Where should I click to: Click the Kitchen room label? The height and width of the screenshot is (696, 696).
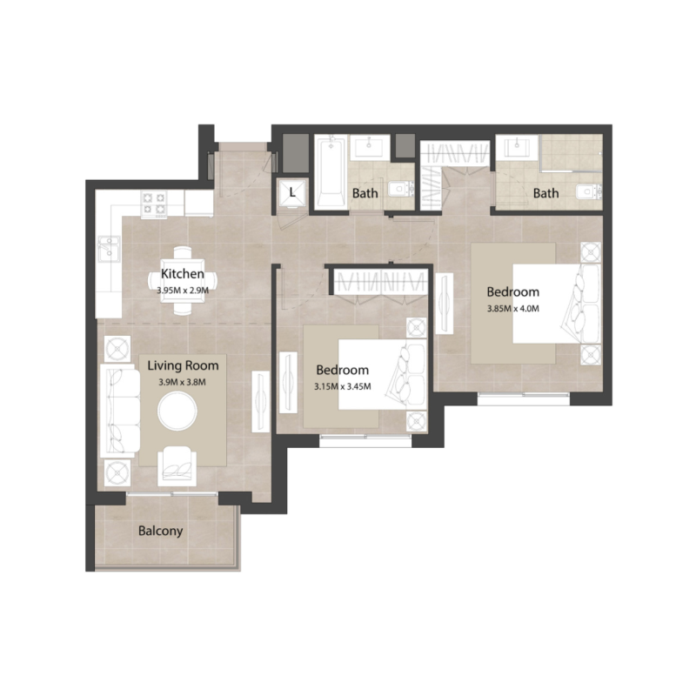pos(183,274)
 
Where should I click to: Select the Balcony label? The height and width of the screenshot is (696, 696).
pos(161,531)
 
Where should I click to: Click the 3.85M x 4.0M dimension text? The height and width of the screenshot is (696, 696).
pos(513,307)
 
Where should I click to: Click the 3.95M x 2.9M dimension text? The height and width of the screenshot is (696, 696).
pos(182,291)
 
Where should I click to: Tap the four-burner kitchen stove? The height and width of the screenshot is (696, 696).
pos(155,204)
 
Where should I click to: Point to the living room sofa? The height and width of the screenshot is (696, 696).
pos(119,412)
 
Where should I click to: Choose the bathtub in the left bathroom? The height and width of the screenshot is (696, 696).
pos(331,172)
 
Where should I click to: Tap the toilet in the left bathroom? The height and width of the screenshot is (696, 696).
pos(398,187)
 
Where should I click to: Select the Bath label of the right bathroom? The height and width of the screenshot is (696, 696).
pos(546,193)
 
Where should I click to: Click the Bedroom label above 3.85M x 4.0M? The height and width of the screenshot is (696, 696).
pos(512,291)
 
